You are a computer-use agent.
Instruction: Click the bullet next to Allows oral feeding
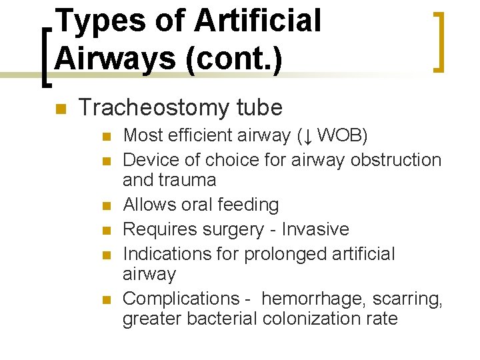point(105,205)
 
